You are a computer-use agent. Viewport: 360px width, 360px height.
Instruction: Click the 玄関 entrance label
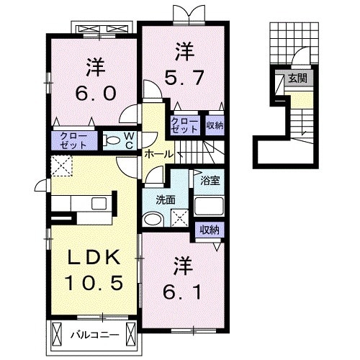pos(297,78)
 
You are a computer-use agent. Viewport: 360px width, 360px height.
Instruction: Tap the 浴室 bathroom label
pos(210,181)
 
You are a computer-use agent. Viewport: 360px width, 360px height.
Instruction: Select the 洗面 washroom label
pos(166,200)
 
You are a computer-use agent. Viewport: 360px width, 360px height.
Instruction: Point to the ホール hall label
pos(158,154)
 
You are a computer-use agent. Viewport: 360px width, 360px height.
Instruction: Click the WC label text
pos(129,141)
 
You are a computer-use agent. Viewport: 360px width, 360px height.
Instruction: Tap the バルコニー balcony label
pos(94,335)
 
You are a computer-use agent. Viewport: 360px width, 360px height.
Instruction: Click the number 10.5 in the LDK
pos(94,283)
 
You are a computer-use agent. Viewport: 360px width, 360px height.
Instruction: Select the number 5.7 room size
pos(184,77)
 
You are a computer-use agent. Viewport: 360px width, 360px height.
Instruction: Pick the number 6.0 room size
pos(96,93)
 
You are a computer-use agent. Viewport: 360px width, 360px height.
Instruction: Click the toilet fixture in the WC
pos(112,141)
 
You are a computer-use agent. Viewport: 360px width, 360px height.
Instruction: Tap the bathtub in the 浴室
pos(209,206)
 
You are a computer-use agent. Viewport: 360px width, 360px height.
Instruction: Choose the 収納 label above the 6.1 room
pos(210,230)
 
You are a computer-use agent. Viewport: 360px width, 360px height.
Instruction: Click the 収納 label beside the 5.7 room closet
pos(215,125)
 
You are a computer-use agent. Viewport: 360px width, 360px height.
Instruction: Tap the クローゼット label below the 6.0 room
pos(73,141)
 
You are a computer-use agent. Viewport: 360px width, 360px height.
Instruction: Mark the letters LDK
pos(94,258)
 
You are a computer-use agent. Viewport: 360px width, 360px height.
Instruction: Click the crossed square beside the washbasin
pos(180,218)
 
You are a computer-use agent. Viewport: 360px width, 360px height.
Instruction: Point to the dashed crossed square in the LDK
pos(61,166)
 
